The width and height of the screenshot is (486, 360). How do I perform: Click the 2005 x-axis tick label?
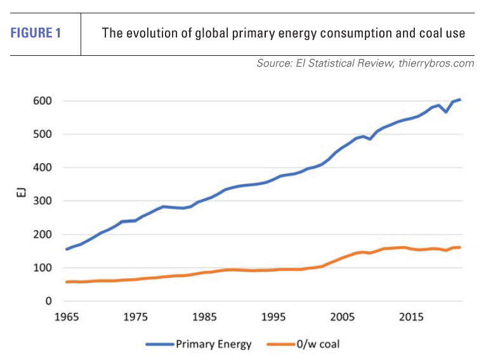point(342,317)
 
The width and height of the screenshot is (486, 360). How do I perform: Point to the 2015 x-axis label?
point(411,317)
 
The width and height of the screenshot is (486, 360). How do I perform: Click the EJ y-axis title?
point(21,201)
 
